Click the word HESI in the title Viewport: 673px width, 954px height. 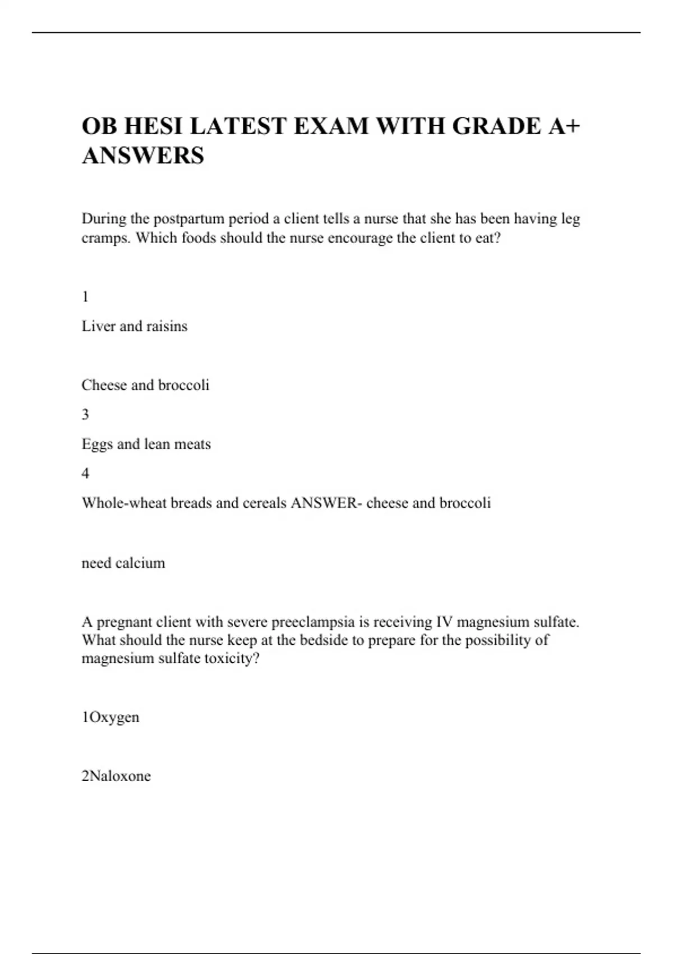[153, 126]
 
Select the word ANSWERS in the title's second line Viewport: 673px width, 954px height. [143, 155]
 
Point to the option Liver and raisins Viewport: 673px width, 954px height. [135, 326]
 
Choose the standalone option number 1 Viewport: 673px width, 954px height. [85, 297]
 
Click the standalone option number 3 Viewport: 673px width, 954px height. [85, 414]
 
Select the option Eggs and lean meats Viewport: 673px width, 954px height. [146, 444]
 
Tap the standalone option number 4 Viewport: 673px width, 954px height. [85, 473]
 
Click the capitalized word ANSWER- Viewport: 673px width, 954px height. [326, 503]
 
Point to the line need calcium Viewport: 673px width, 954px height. [123, 563]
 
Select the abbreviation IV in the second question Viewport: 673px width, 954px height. [444, 622]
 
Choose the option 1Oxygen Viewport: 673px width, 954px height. [110, 717]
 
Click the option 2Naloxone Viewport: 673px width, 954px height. [116, 776]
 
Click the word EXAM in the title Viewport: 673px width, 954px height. [331, 126]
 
